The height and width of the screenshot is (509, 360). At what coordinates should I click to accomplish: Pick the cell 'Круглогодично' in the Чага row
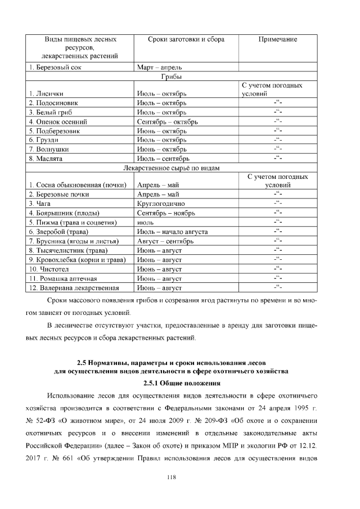point(161,204)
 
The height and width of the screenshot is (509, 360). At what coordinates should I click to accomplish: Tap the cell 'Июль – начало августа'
point(173,232)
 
